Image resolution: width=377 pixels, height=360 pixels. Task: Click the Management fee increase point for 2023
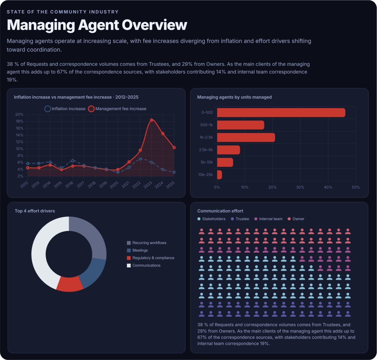(x=151, y=120)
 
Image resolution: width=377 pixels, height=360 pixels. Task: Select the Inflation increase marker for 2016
(x=73, y=161)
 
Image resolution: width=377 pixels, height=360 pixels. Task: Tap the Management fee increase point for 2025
(x=174, y=148)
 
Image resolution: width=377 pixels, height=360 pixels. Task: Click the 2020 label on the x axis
(x=114, y=185)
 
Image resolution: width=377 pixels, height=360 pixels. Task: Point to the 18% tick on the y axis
(x=19, y=121)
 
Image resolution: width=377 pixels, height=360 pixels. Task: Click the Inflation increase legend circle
(x=48, y=109)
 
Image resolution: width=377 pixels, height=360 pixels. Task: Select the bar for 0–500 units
(x=281, y=113)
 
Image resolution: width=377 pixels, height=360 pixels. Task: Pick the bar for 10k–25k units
(x=219, y=175)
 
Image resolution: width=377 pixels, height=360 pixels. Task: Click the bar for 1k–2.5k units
(x=246, y=137)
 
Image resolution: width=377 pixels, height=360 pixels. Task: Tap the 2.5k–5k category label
(x=206, y=150)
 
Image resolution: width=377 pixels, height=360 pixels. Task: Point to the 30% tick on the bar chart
(x=300, y=187)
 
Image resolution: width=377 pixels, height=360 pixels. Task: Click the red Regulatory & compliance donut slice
(x=70, y=284)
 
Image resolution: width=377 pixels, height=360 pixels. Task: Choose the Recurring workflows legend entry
(x=147, y=243)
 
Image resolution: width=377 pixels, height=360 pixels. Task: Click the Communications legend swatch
(x=129, y=266)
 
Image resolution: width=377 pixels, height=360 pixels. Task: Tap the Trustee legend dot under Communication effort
(x=232, y=219)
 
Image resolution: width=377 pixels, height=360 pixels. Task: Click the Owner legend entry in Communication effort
(x=296, y=219)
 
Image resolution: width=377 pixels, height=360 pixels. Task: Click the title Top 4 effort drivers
(x=35, y=211)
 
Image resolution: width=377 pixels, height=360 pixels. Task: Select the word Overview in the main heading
(x=154, y=25)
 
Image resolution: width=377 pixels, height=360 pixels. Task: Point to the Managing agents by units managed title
(x=234, y=97)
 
